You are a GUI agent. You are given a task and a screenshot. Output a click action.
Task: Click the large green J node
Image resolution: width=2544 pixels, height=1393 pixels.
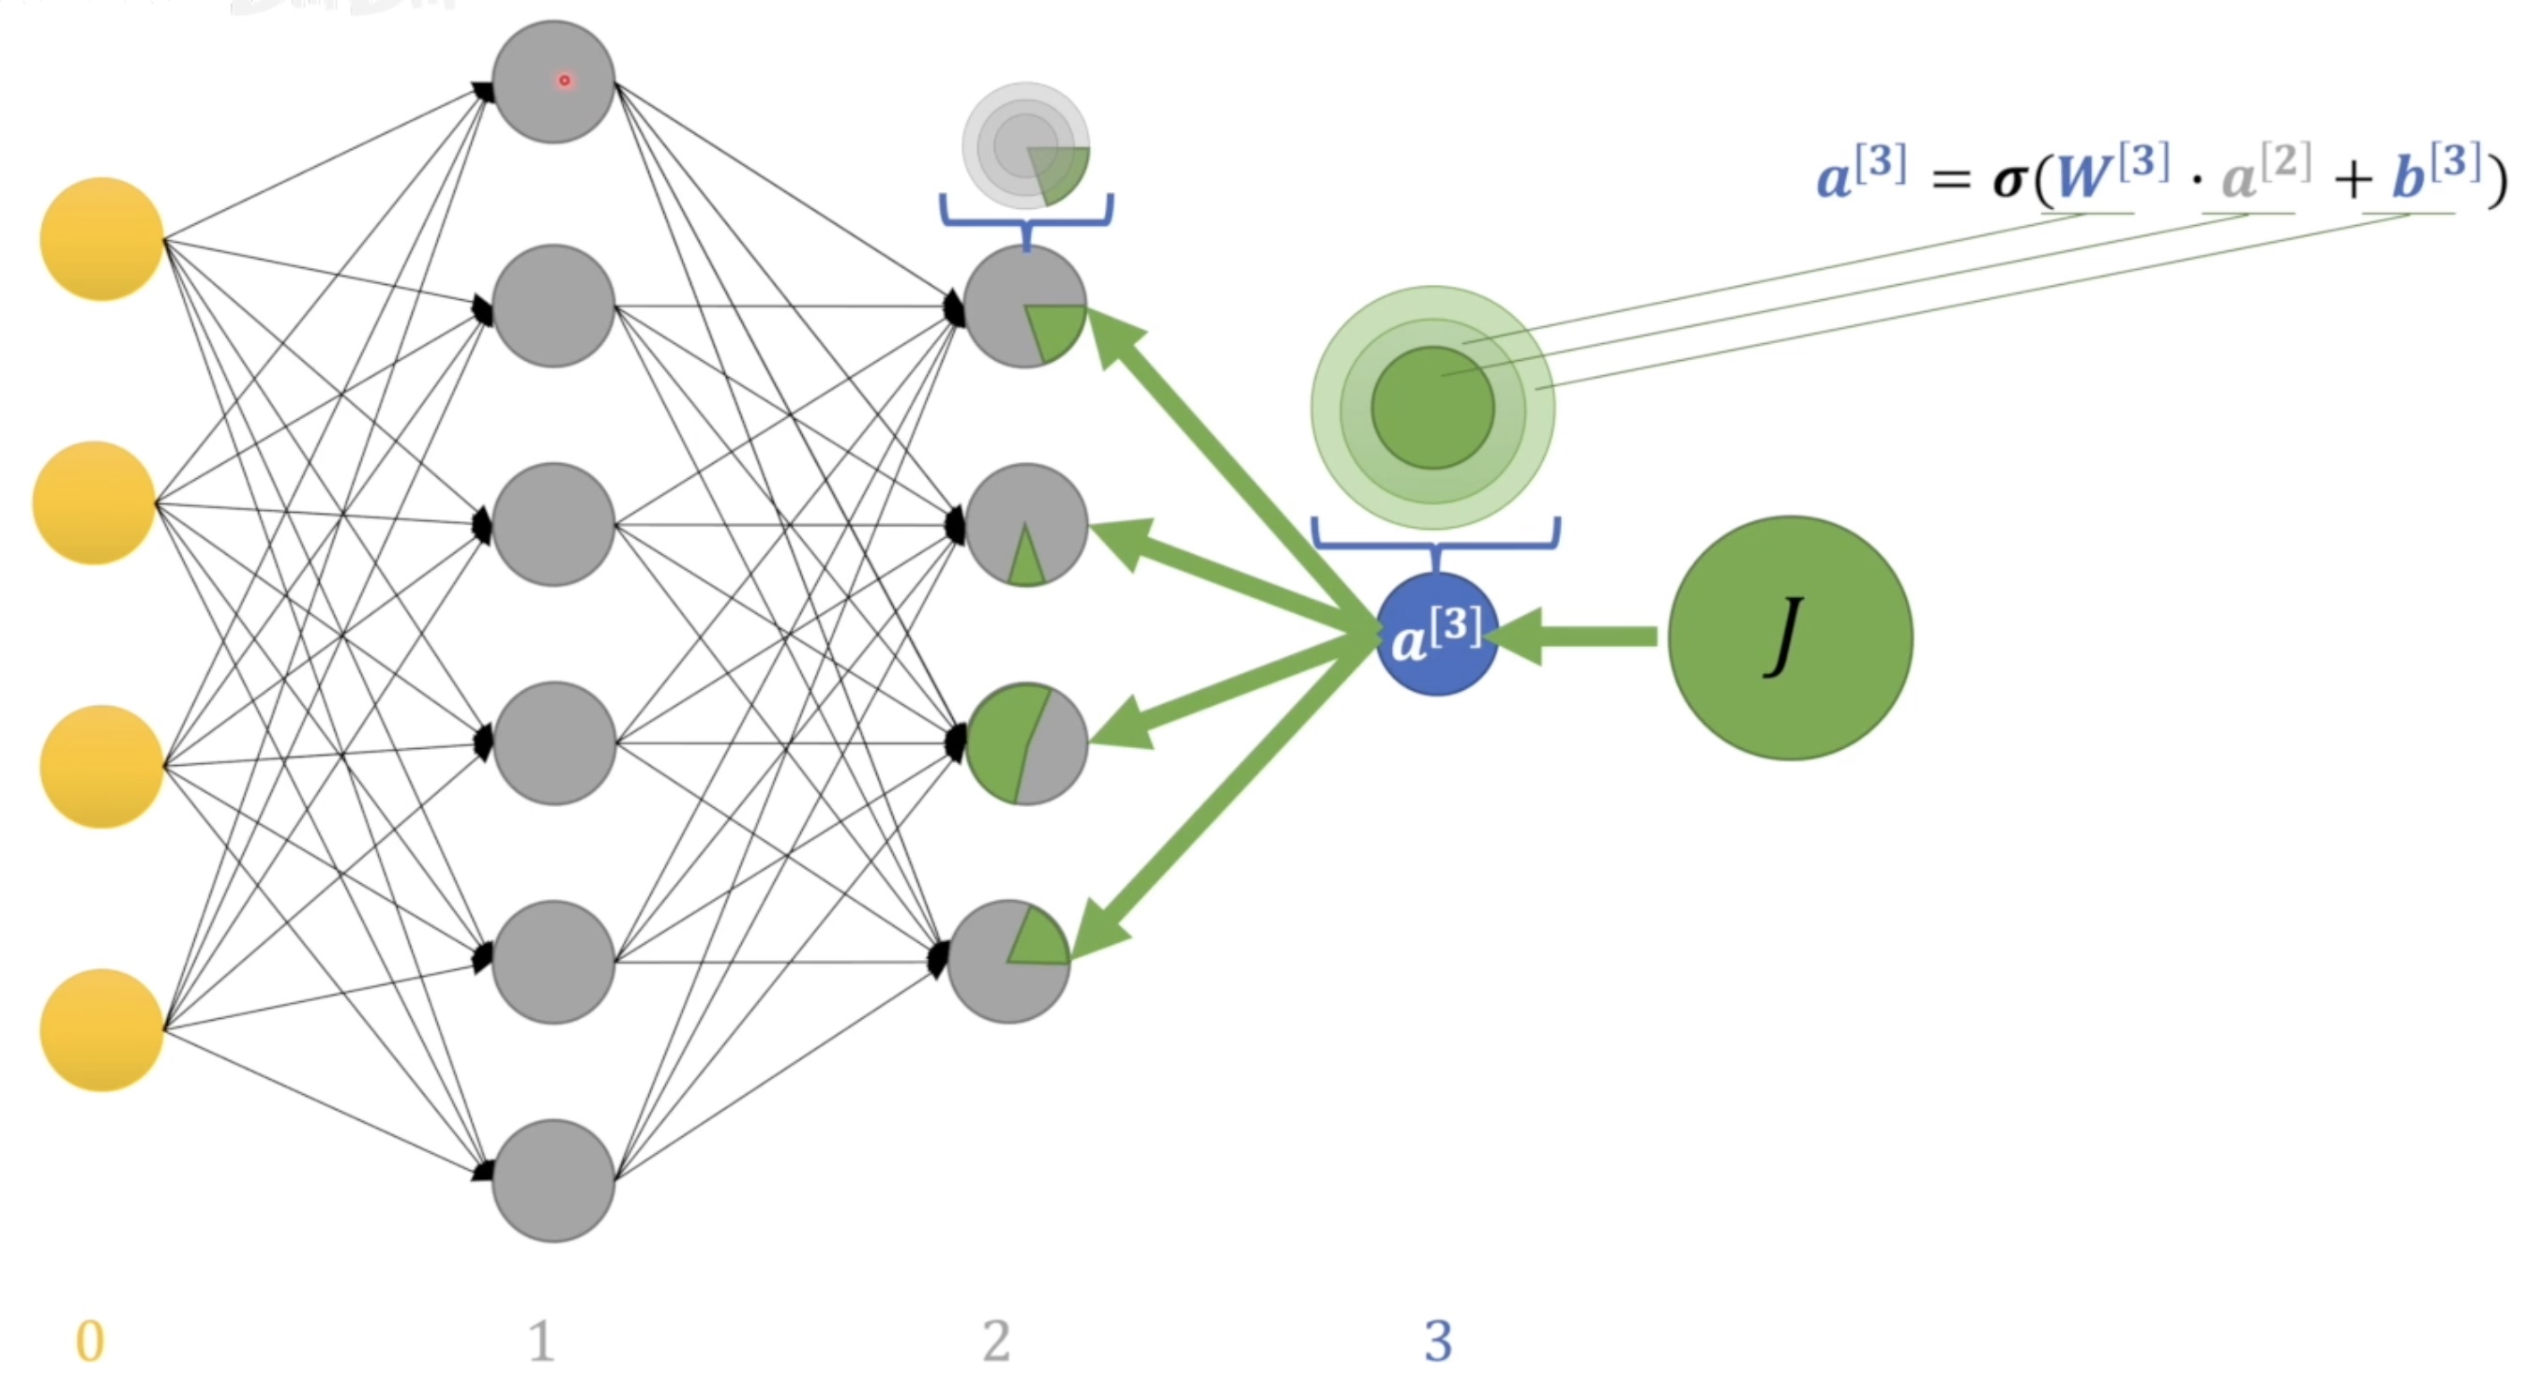coord(1790,637)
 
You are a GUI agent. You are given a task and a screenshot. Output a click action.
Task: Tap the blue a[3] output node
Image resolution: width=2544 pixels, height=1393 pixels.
coord(1436,634)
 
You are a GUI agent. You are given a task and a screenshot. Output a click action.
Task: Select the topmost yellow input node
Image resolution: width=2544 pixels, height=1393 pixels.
coord(100,238)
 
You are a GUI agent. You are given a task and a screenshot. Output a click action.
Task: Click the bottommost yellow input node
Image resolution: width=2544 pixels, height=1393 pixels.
coord(100,1029)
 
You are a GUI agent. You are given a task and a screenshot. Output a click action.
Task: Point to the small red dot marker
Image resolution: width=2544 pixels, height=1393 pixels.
coord(564,80)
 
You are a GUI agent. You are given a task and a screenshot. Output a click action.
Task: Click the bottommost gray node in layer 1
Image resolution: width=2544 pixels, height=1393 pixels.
coord(553,1180)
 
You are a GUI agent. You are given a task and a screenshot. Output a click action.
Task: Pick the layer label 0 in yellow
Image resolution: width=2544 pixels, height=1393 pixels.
coord(90,1341)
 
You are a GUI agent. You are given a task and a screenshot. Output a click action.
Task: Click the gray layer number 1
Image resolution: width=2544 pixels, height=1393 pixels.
coord(540,1341)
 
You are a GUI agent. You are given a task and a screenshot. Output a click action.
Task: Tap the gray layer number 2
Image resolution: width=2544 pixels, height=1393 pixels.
coord(995,1341)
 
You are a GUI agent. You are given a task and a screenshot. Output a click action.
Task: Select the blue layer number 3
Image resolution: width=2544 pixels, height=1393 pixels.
coord(1438,1341)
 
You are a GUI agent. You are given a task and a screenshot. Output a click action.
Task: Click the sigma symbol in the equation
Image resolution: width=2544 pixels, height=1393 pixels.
coord(2008,180)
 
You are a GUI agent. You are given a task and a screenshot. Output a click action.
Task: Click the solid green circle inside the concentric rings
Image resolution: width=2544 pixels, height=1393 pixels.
coord(1432,407)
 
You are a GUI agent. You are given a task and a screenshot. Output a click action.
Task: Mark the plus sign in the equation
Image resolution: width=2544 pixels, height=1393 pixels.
coord(2353,181)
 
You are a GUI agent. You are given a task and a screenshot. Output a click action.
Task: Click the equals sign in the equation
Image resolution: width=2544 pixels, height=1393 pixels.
coord(1950,180)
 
